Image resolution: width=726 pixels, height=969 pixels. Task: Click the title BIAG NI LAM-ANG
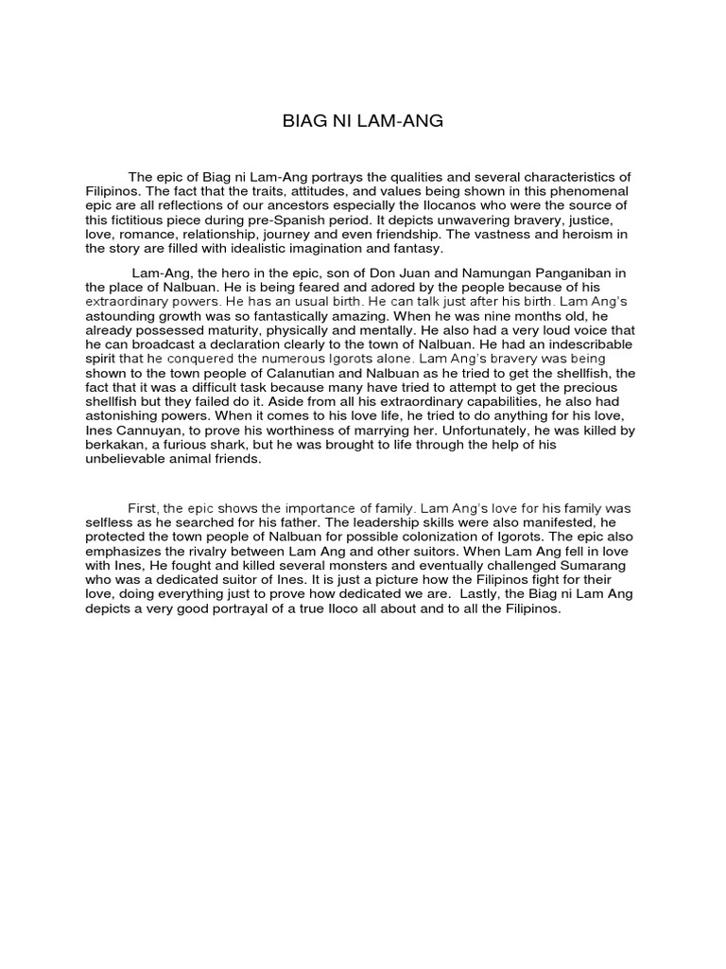pos(363,121)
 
